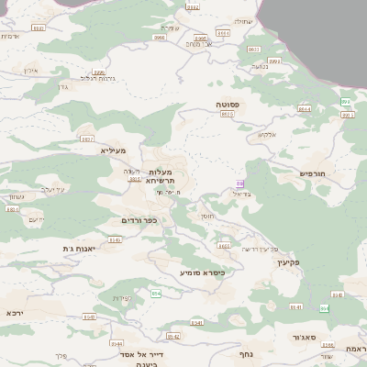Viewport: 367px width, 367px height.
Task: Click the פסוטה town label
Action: pos(228,106)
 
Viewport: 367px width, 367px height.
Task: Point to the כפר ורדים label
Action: pos(139,220)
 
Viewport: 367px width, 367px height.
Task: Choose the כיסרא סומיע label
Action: pos(202,272)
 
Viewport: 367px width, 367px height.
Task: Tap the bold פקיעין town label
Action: pos(288,261)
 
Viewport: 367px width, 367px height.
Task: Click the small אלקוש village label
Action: pos(266,135)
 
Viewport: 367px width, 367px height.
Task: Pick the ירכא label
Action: pos(15,312)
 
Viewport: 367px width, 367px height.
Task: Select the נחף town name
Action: pos(244,353)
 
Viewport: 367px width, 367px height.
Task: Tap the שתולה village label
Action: pos(241,20)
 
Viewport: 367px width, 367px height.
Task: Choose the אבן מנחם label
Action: pos(197,43)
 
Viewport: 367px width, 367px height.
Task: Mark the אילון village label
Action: pos(29,70)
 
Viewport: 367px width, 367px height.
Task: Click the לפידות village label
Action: pos(122,298)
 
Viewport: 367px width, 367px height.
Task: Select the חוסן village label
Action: pos(206,216)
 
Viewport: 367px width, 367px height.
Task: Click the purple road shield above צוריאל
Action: pos(239,183)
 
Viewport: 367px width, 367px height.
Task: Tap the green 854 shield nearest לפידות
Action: pos(157,293)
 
